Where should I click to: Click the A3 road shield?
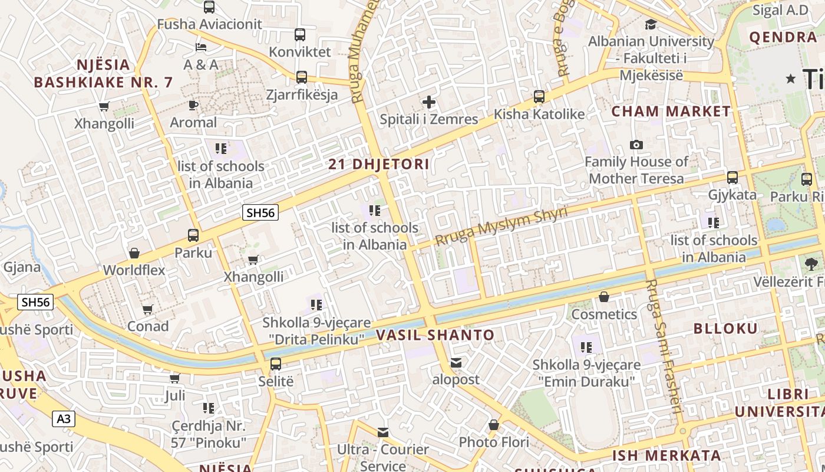click(64, 419)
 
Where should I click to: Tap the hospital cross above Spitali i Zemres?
click(429, 103)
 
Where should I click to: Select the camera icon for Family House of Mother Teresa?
click(636, 145)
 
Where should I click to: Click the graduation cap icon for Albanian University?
click(651, 25)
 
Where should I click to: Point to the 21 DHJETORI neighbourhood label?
click(379, 165)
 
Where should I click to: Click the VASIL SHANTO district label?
click(435, 335)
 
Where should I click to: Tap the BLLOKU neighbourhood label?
click(725, 329)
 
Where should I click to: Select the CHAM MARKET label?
click(671, 111)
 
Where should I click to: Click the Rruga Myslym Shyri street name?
click(501, 226)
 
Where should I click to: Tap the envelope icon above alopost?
click(456, 363)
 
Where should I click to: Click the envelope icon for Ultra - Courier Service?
click(383, 432)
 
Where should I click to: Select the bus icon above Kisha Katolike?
click(539, 97)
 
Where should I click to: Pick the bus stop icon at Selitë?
click(276, 364)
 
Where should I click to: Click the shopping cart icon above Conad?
click(148, 309)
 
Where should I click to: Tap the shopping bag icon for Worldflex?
click(134, 253)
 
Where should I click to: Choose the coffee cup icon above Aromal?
click(193, 106)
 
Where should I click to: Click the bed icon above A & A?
click(201, 47)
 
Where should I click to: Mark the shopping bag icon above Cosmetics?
click(603, 297)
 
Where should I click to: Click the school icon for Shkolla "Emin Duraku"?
click(586, 348)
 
